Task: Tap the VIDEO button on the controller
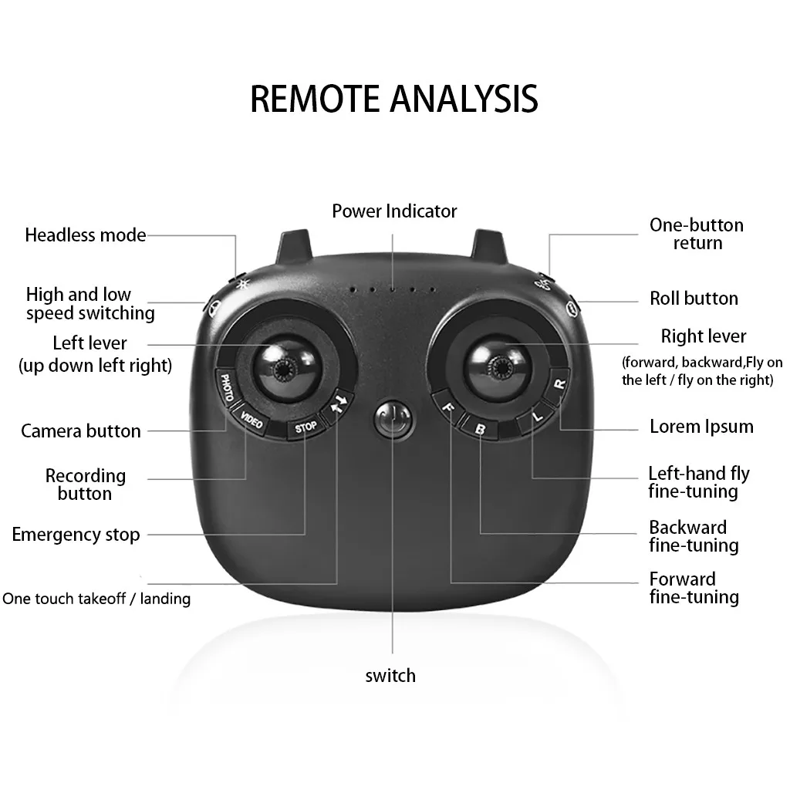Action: tap(251, 419)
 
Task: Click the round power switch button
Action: tap(394, 420)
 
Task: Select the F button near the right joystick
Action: tap(447, 407)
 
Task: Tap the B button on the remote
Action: tap(479, 428)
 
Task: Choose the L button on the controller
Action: tap(537, 417)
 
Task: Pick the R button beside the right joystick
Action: tap(559, 385)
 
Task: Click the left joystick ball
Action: tap(286, 367)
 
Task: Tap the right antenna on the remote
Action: tap(488, 246)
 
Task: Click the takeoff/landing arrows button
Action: tap(339, 403)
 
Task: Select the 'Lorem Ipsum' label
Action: tap(701, 426)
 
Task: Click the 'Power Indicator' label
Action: tap(394, 211)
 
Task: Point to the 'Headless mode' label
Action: tap(86, 235)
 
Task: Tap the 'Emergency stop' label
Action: tap(76, 535)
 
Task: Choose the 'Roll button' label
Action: tap(694, 299)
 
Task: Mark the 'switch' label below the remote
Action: tap(390, 675)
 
